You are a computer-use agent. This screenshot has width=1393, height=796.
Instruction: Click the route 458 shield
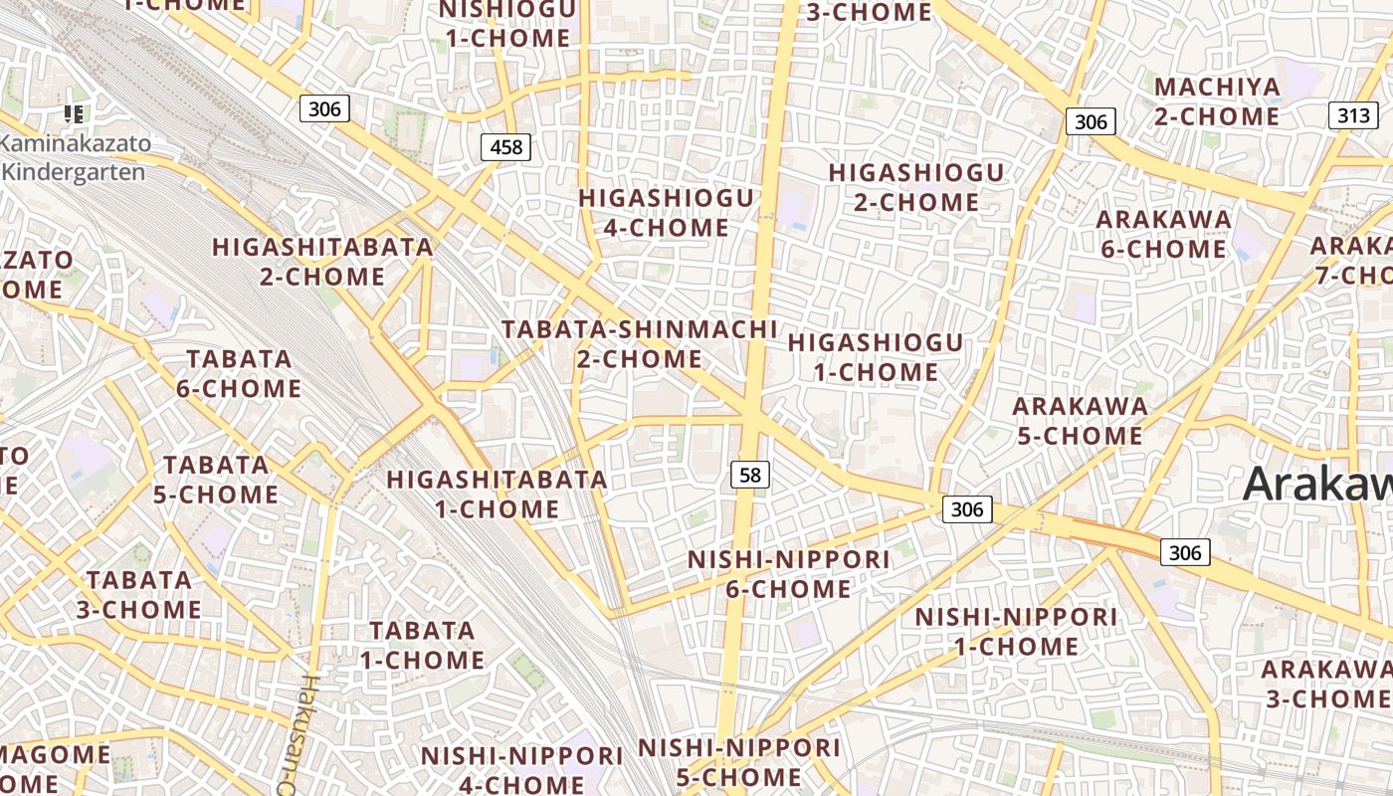(x=505, y=148)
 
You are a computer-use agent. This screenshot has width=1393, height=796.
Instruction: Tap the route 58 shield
(x=750, y=475)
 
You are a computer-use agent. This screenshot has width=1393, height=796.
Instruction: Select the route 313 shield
(x=1353, y=115)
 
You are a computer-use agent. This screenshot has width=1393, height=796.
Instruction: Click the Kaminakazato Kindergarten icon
(x=73, y=114)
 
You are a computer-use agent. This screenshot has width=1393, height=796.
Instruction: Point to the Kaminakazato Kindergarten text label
(x=76, y=157)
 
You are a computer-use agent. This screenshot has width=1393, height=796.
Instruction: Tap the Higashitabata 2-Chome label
(x=322, y=262)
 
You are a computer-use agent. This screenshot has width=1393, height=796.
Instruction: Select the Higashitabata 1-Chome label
(x=497, y=494)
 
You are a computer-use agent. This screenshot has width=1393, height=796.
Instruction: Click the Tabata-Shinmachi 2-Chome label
(x=639, y=343)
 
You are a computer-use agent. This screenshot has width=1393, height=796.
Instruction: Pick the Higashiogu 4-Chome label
(x=667, y=213)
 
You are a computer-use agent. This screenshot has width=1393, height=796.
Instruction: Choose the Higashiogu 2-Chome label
(x=916, y=187)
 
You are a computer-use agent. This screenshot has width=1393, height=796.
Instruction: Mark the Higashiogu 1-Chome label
(x=876, y=357)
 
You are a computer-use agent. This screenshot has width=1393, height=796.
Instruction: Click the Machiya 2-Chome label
(x=1217, y=101)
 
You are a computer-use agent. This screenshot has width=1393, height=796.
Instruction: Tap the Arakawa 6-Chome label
(x=1163, y=234)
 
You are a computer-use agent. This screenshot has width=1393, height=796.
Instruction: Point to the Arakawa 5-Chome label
(x=1080, y=421)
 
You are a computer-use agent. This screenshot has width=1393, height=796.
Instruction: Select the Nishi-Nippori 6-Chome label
(x=788, y=574)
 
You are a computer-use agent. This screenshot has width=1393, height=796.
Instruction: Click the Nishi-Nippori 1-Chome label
(x=1016, y=632)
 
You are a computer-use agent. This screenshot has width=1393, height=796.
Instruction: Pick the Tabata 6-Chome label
(x=239, y=373)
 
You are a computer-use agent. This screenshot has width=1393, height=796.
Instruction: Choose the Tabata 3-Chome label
(x=139, y=594)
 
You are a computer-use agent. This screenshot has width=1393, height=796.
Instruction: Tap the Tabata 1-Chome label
(x=422, y=645)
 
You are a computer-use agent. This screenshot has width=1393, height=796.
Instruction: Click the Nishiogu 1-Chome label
(x=507, y=24)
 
